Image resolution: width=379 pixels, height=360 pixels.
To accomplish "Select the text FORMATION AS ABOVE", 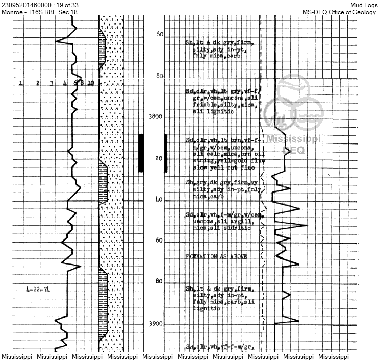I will point(216,256).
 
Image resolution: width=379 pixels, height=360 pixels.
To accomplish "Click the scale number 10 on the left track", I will point(90,83).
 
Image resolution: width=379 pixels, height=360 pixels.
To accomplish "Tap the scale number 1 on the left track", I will point(20,83).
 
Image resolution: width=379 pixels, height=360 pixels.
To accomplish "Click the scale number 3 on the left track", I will point(52,83).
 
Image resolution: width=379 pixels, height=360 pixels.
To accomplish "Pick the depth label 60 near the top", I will point(174,34).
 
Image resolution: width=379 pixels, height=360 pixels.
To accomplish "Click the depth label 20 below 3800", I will point(173,158).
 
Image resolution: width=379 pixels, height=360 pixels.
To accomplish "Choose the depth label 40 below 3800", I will point(173,200).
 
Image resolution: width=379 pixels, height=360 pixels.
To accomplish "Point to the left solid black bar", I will point(141,153).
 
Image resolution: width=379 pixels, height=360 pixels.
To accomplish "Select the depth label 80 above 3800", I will point(174,76).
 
